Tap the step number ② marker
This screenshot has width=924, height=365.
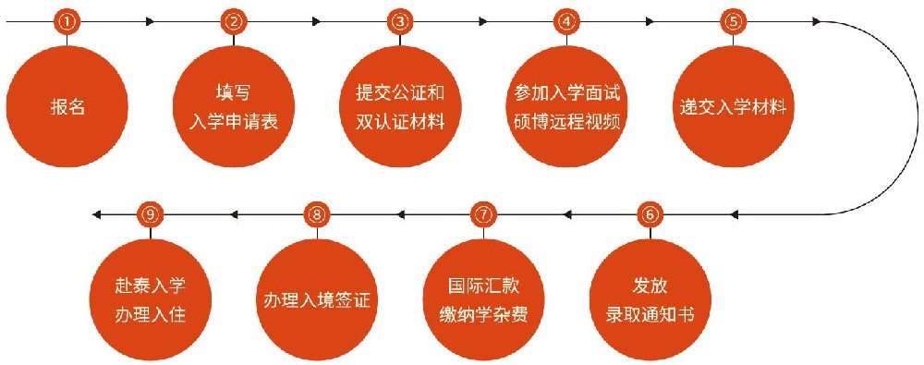(x=235, y=21)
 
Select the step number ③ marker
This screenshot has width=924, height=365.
(x=399, y=21)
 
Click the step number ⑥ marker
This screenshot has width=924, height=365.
(x=650, y=215)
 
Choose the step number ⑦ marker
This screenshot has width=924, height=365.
(x=482, y=215)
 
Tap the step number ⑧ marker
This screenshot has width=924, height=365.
(x=317, y=215)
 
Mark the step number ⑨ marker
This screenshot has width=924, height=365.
(x=151, y=215)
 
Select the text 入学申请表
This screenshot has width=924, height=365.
(x=235, y=121)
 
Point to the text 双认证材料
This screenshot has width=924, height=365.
(x=400, y=121)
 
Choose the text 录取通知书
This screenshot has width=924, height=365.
(x=650, y=315)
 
